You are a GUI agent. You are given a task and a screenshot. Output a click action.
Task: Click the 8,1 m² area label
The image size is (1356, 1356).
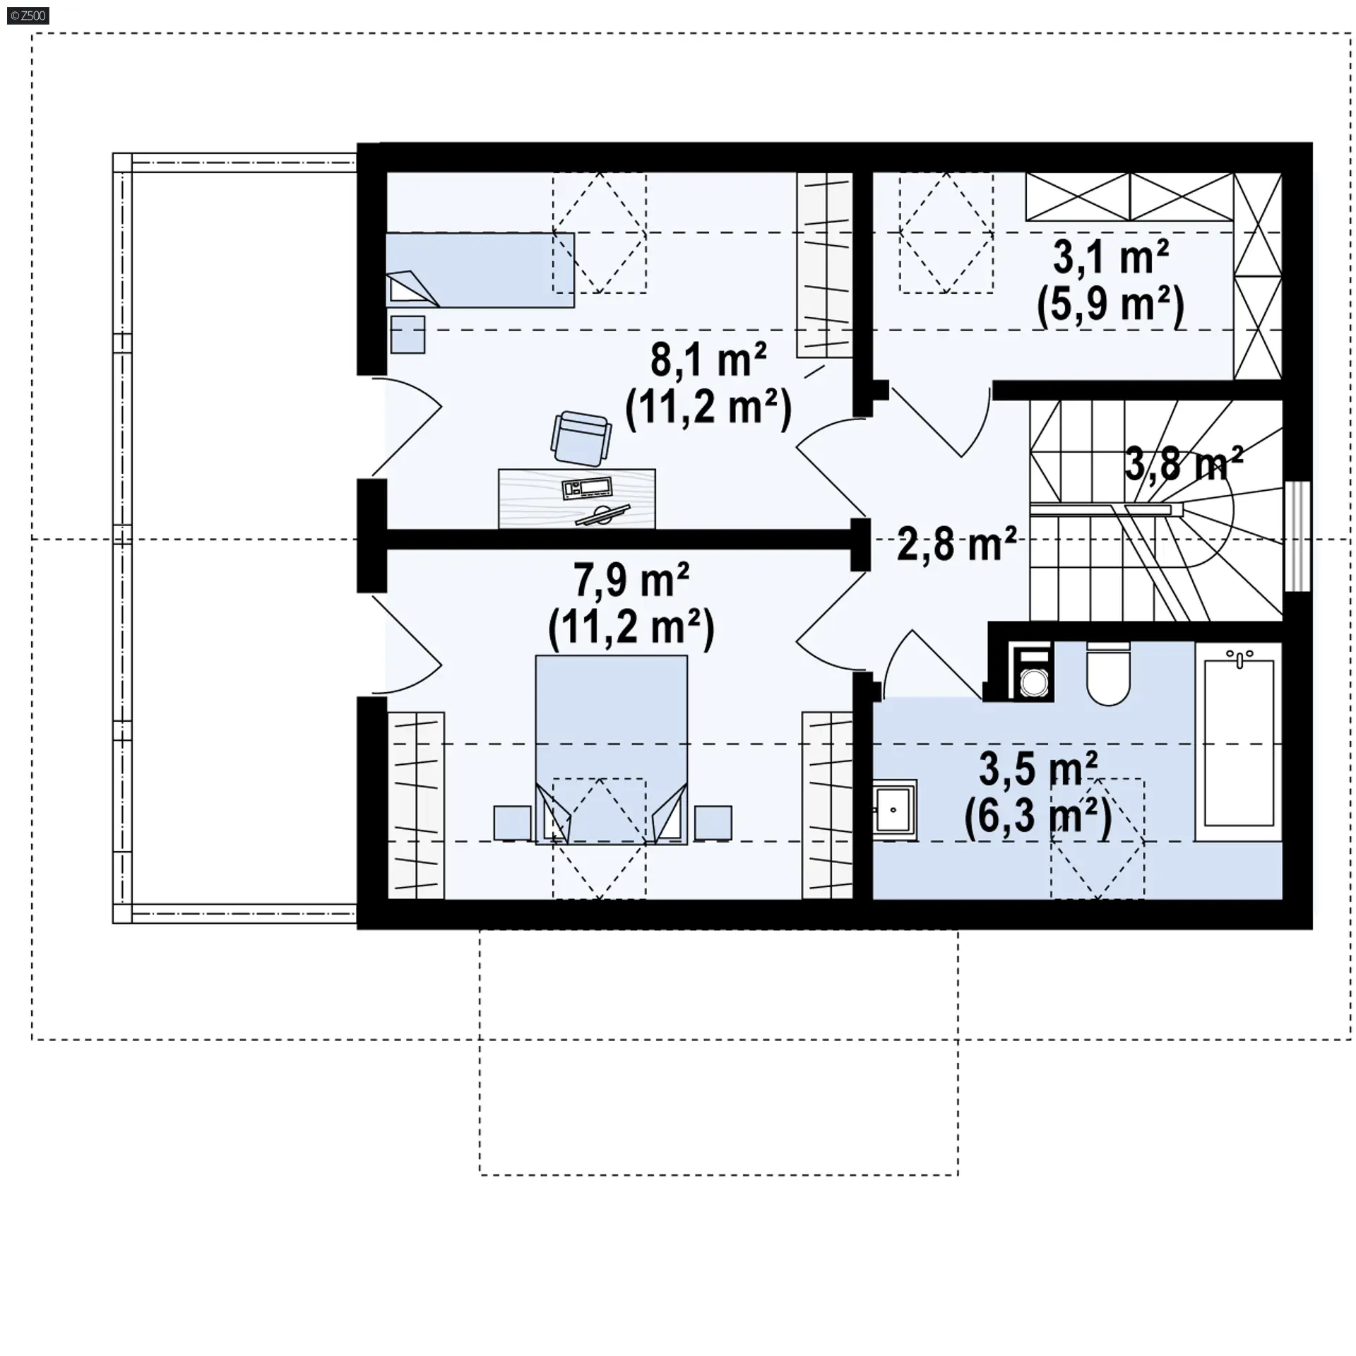pyautogui.click(x=708, y=360)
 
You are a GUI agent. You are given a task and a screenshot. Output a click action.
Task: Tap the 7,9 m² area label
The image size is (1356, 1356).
pyautogui.click(x=631, y=580)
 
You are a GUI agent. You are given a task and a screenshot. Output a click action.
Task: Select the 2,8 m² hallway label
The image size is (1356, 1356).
pyautogui.click(x=957, y=544)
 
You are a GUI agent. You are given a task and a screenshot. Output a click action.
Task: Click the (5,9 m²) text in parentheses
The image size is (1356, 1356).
pyautogui.click(x=1110, y=307)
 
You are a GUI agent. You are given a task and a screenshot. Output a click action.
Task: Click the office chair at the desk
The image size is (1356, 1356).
pyautogui.click(x=580, y=439)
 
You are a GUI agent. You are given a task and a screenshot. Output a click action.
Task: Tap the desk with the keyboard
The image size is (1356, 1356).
pyautogui.click(x=576, y=499)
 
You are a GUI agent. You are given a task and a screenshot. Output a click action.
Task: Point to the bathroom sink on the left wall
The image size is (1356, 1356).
pyautogui.click(x=895, y=809)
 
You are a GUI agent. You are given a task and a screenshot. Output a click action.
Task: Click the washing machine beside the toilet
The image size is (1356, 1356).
pyautogui.click(x=1033, y=671)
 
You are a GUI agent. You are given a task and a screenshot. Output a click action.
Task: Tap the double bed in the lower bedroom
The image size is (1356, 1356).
pyautogui.click(x=612, y=749)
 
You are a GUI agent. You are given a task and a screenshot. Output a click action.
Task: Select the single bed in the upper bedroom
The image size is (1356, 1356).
pyautogui.click(x=480, y=270)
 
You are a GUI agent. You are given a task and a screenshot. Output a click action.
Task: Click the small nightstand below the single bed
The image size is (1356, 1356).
pyautogui.click(x=408, y=334)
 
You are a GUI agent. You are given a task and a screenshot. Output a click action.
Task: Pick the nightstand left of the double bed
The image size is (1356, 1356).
pyautogui.click(x=512, y=823)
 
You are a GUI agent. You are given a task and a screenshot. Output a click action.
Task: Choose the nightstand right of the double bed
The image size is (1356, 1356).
pyautogui.click(x=713, y=823)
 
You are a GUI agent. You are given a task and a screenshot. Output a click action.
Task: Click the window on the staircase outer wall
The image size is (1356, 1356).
pyautogui.click(x=1297, y=535)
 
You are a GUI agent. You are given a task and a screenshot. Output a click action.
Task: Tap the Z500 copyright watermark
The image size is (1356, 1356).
pyautogui.click(x=28, y=16)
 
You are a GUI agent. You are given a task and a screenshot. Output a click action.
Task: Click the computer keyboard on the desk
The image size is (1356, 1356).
pyautogui.click(x=587, y=487)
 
